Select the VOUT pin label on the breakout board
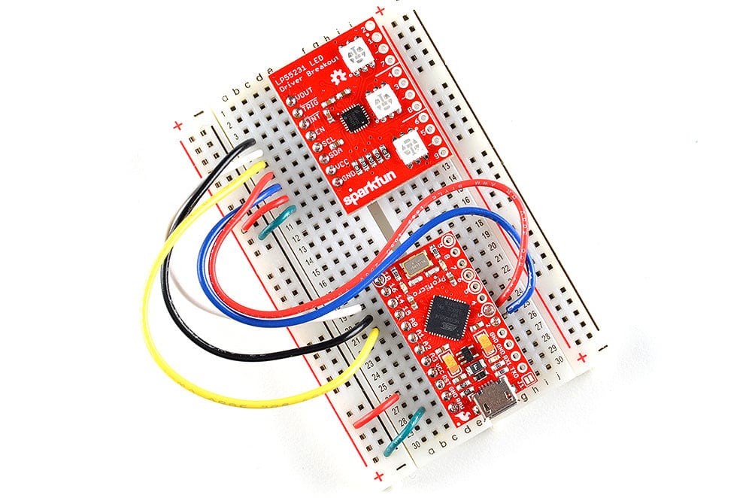[x=305, y=96]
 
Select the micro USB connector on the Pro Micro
[x=497, y=405]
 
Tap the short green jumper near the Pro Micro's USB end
[x=403, y=433]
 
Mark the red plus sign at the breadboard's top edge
[x=379, y=11]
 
